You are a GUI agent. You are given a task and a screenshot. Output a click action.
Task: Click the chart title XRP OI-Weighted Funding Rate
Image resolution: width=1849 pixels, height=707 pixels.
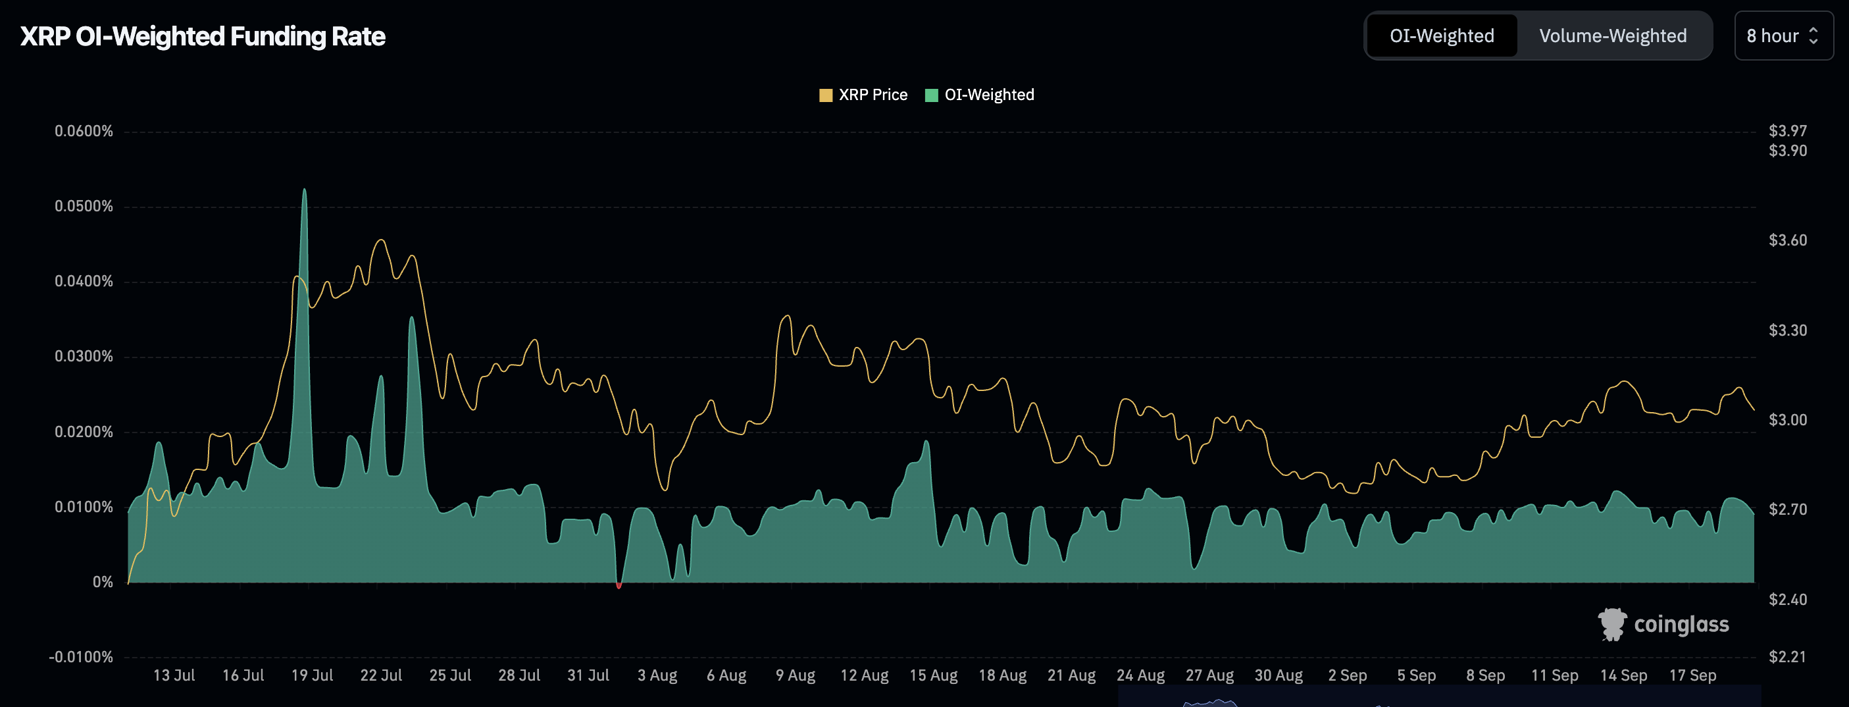click(203, 36)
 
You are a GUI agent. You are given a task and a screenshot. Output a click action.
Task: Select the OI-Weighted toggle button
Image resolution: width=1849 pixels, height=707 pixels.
click(1441, 36)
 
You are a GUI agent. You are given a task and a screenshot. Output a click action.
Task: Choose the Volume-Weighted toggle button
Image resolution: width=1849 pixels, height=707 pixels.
click(1612, 36)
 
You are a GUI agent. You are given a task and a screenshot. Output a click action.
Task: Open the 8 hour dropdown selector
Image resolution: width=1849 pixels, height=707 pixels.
click(1783, 36)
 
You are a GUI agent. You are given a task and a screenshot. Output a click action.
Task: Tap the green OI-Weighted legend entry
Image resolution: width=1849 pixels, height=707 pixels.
click(980, 95)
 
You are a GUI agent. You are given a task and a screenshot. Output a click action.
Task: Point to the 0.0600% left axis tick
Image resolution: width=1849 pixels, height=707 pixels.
click(84, 130)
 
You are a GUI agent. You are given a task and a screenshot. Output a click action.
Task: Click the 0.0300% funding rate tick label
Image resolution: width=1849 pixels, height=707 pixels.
click(84, 356)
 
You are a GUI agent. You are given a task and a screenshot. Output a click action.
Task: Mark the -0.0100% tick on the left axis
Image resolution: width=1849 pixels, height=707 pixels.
click(81, 657)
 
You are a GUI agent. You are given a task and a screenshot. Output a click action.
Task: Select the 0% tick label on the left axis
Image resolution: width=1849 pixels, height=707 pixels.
click(103, 581)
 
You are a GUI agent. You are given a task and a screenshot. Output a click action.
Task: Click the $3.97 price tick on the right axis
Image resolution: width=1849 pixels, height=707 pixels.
click(1787, 130)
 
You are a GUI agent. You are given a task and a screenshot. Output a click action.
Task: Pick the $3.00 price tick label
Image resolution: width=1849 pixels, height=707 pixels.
click(1787, 419)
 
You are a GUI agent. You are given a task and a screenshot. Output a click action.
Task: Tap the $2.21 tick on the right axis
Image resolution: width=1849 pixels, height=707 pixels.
click(1787, 656)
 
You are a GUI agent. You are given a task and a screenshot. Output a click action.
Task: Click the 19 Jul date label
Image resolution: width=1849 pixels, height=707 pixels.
click(313, 675)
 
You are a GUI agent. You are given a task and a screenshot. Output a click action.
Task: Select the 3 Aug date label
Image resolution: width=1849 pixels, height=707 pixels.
click(657, 675)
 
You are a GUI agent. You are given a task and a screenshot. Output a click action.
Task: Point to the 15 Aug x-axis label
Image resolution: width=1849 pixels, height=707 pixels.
click(933, 675)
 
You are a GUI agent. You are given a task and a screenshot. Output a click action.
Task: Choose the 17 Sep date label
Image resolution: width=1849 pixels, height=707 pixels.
click(1692, 675)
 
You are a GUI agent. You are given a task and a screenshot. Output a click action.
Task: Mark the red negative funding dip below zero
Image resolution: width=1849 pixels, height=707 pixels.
click(619, 586)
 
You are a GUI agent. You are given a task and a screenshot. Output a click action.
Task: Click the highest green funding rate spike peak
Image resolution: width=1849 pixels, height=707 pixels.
click(305, 191)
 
